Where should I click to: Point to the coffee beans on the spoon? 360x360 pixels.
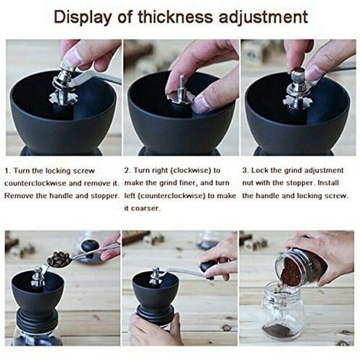coord(58,259)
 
